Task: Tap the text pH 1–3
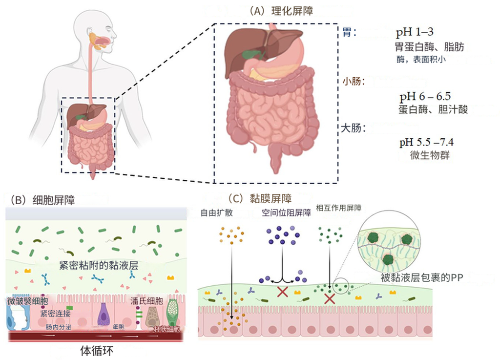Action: (x=415, y=33)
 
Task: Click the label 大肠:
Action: (x=354, y=128)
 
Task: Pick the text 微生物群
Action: (x=430, y=155)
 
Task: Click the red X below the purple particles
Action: (x=282, y=292)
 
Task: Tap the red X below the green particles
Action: (x=330, y=297)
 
